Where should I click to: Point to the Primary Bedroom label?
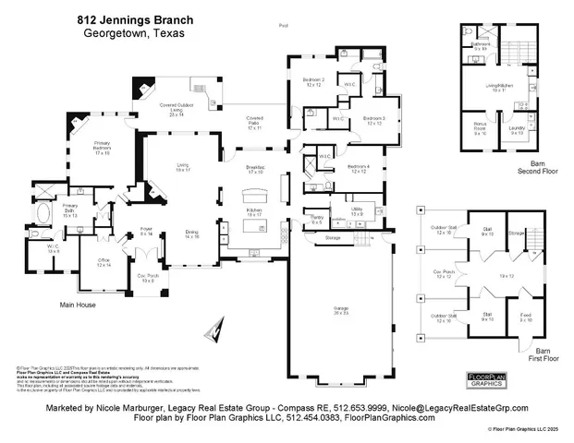(x=104, y=149)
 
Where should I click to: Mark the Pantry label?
(x=316, y=220)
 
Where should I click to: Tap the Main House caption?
(x=79, y=304)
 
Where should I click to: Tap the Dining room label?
(x=191, y=234)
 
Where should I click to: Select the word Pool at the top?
(x=283, y=26)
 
